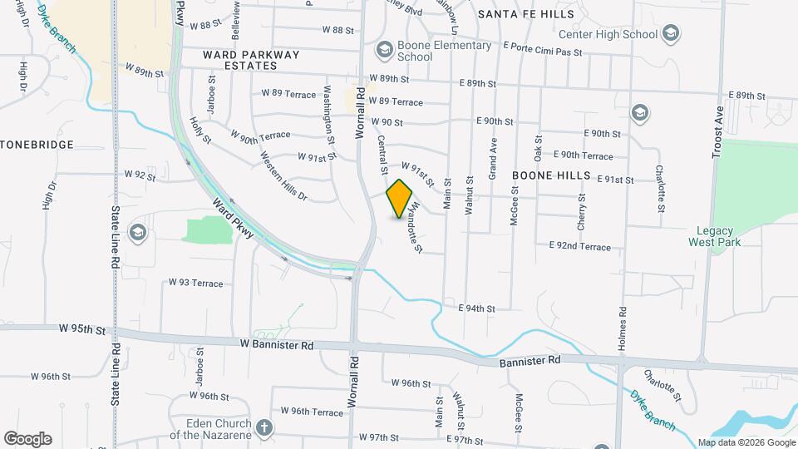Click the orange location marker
click(x=400, y=199)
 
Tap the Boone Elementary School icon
click(x=384, y=51)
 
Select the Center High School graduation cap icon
click(x=672, y=34)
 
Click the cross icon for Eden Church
click(x=264, y=427)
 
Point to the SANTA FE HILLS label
click(x=525, y=15)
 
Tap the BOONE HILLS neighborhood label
click(x=550, y=175)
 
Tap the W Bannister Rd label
click(x=276, y=343)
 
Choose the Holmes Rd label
click(x=622, y=326)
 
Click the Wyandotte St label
click(x=416, y=227)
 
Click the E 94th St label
click(x=476, y=308)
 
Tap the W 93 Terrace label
click(x=195, y=283)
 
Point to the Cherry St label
click(x=582, y=212)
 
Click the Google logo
click(x=27, y=438)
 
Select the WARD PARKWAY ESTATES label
click(x=239, y=59)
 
